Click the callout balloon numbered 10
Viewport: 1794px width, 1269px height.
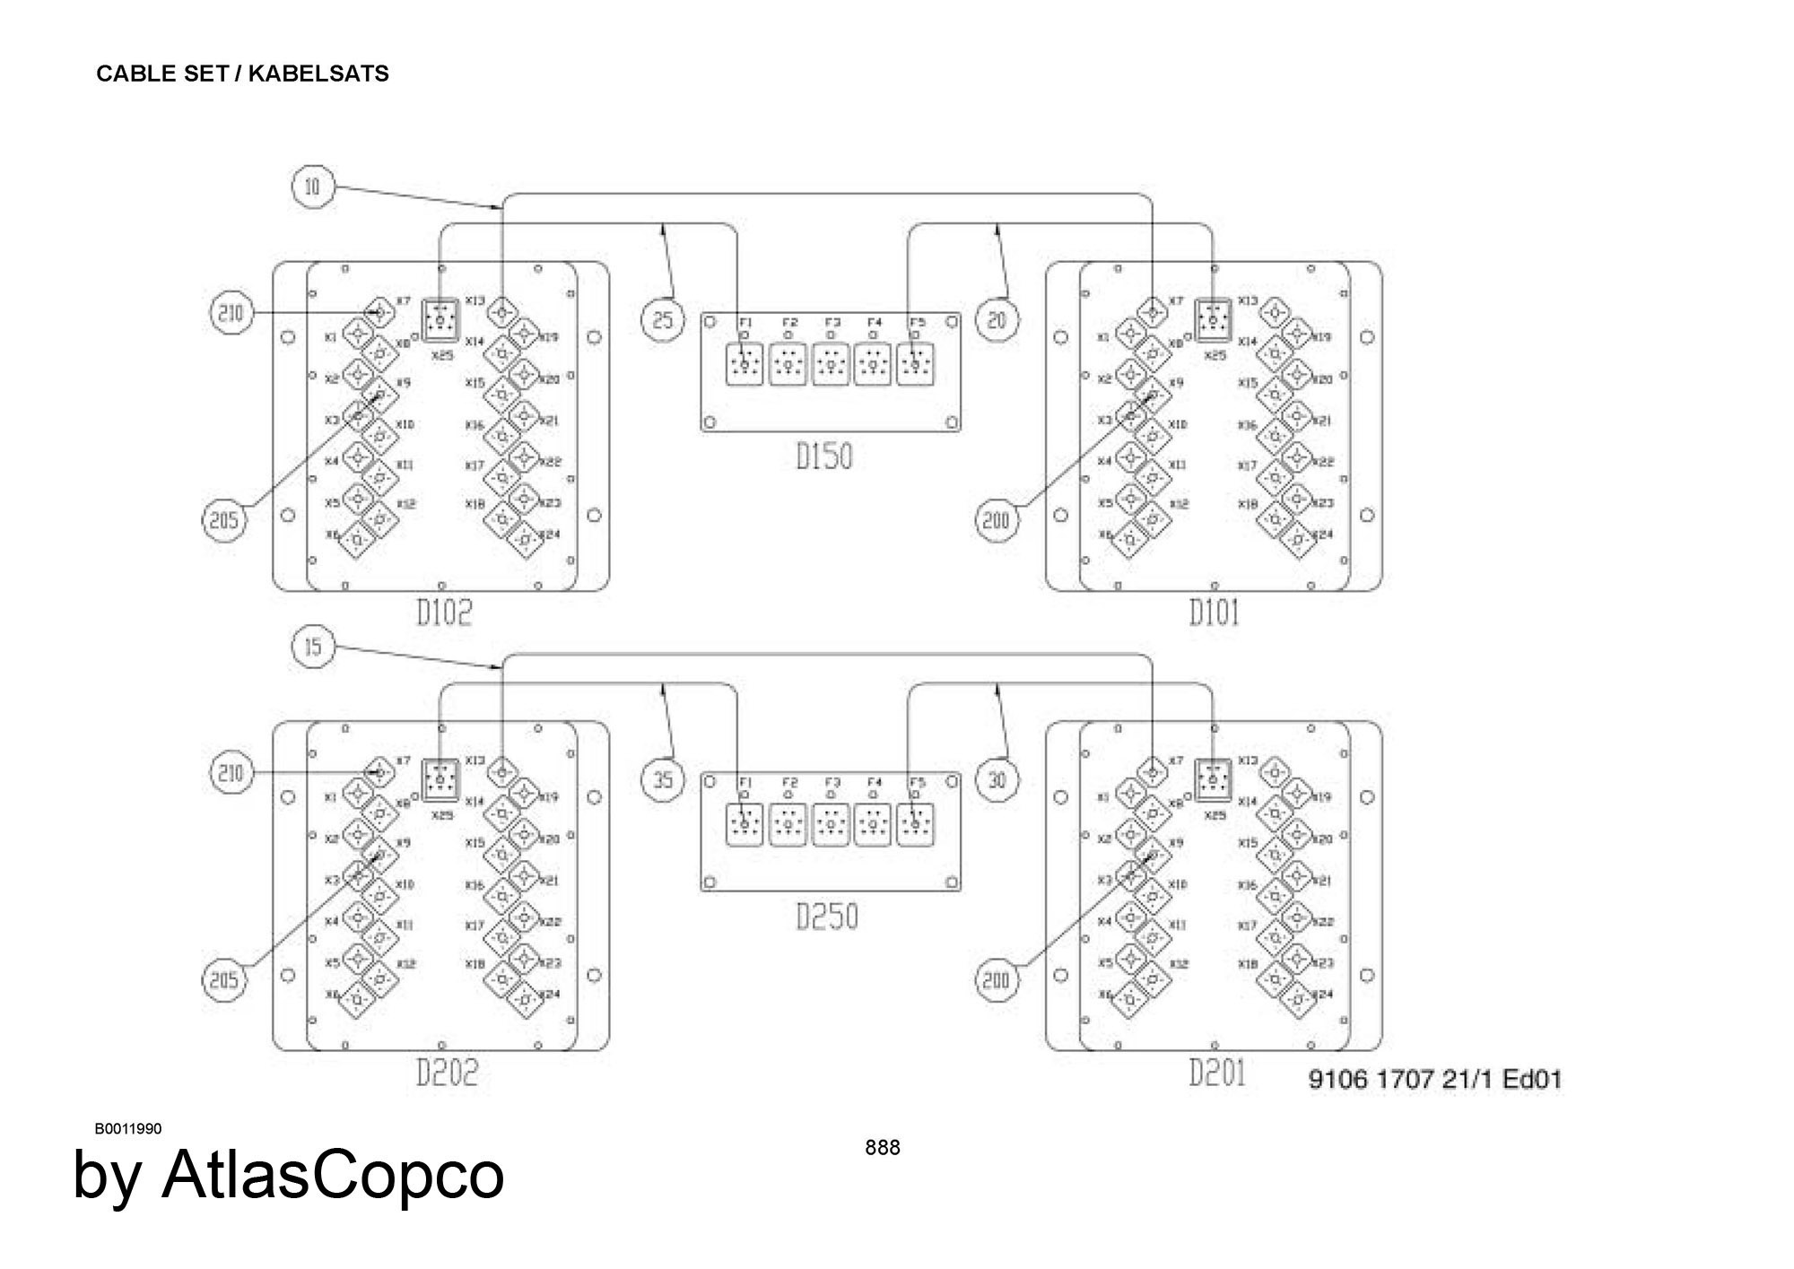(312, 187)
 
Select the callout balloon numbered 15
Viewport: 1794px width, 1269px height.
(312, 647)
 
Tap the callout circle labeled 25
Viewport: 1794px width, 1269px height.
(663, 319)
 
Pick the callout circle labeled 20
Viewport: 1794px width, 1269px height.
(997, 319)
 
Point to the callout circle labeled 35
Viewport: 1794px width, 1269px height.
(663, 779)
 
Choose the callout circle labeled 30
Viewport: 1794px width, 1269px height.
(997, 779)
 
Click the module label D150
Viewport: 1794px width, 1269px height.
(824, 456)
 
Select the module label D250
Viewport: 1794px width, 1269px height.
(827, 917)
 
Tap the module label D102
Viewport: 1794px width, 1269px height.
(444, 613)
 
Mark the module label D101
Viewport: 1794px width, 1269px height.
(1214, 613)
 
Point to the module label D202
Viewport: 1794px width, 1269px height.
(447, 1073)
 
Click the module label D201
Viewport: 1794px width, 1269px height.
(1217, 1073)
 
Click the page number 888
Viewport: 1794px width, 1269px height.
(883, 1147)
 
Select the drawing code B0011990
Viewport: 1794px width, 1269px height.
(128, 1128)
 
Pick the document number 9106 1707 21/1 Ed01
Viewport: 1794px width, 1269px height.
(1435, 1079)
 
